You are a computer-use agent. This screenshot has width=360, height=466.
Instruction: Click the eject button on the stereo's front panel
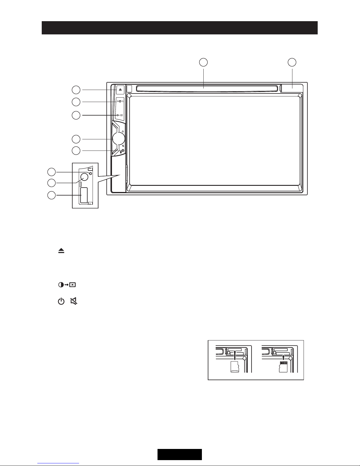[120, 90]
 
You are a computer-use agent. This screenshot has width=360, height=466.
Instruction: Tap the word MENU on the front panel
[120, 101]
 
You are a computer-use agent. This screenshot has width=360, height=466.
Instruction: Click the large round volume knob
[119, 138]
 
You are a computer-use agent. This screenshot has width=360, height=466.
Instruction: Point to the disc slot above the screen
[208, 88]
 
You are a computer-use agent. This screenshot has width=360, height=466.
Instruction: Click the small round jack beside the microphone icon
[123, 151]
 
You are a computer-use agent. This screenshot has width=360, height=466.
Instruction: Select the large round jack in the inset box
[84, 177]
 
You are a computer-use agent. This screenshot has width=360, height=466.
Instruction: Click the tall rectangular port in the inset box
[84, 195]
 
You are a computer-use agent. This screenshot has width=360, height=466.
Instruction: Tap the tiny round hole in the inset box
[91, 173]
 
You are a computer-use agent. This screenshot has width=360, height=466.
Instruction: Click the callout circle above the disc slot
[203, 62]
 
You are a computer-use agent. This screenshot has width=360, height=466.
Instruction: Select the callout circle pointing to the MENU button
[76, 102]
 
